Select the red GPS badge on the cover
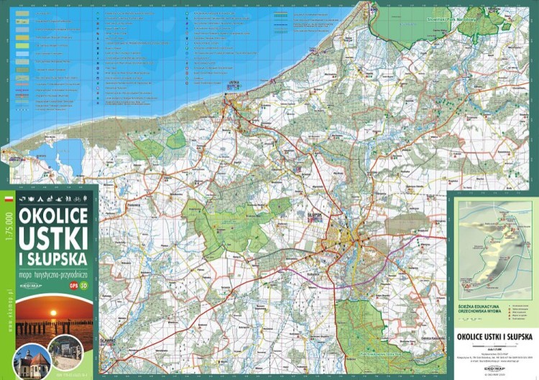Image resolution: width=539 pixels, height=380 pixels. [73, 286]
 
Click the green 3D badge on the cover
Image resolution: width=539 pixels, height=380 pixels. [84, 286]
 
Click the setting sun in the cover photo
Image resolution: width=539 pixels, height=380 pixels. [53, 313]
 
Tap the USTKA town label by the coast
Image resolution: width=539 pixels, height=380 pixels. [231, 84]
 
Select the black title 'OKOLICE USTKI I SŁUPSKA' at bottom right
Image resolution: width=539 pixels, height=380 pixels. [494, 336]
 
